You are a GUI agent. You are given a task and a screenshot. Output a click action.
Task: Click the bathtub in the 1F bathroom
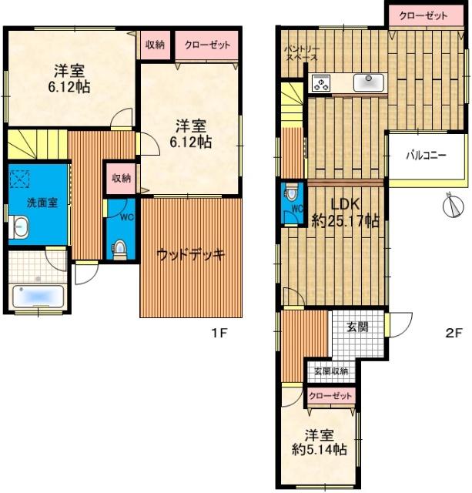[38, 296]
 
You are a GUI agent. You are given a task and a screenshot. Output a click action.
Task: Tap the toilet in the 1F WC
[119, 248]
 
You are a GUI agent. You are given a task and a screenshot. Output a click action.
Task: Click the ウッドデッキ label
[190, 255]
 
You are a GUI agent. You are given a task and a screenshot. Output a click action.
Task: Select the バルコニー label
[427, 155]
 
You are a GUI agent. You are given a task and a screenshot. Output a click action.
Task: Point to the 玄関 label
[357, 327]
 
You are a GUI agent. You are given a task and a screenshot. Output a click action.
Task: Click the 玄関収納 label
[330, 371]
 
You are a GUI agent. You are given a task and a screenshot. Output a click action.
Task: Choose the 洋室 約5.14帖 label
[318, 441]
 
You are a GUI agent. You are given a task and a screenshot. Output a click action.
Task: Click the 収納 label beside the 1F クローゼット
[154, 45]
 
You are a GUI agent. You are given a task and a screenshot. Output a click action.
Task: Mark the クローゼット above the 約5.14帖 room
[330, 395]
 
